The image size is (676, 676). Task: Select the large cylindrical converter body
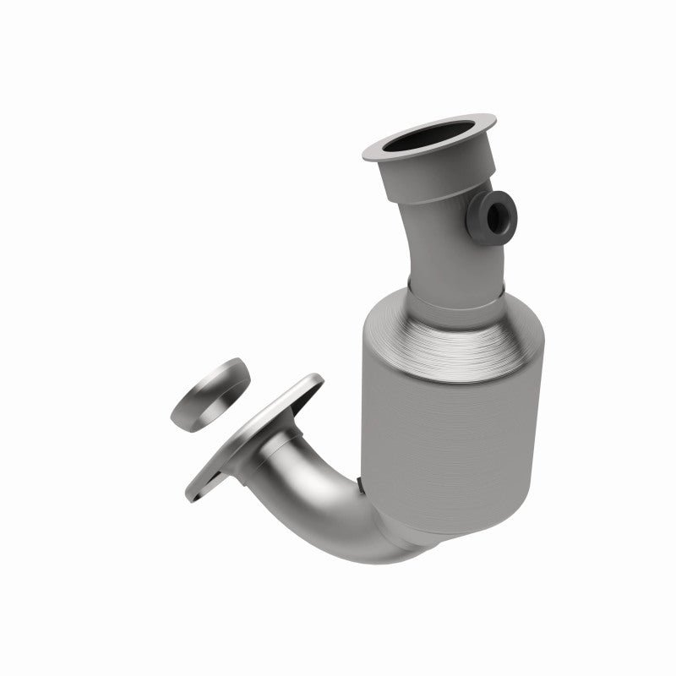coord(448,431)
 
